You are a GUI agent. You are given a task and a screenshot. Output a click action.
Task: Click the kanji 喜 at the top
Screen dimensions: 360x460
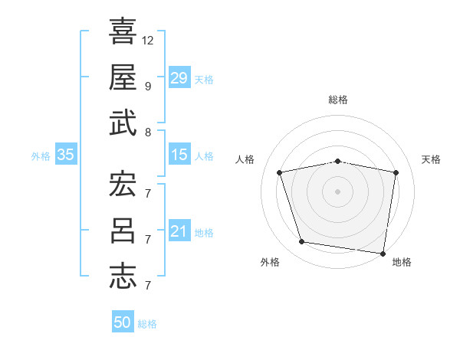pos(123,33)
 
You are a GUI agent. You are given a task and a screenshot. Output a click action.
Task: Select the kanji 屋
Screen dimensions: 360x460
pos(123,77)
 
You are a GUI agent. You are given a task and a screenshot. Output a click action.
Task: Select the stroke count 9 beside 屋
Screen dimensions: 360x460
pos(148,86)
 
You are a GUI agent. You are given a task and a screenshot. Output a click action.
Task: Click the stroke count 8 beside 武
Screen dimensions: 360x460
pos(148,132)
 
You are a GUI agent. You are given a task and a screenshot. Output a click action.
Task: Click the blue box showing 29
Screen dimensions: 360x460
pos(179,77)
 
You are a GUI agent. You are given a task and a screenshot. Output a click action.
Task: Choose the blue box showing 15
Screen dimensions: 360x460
pos(179,155)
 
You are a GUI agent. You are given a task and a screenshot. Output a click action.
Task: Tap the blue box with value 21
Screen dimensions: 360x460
pos(179,231)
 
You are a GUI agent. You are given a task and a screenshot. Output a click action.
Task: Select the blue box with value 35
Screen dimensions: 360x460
pos(65,155)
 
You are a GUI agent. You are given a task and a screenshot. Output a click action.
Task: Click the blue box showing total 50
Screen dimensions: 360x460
pos(123,322)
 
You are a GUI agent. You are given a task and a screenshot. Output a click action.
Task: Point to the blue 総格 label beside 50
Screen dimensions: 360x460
pos(147,324)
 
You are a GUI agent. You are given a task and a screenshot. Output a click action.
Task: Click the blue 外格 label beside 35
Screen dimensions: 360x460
pos(41,156)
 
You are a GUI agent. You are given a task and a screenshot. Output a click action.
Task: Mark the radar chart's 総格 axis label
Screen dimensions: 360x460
pos(338,100)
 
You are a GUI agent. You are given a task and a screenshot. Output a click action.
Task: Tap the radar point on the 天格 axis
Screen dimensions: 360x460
pos(396,173)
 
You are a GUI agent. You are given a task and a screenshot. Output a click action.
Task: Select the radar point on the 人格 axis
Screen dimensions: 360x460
pos(281,173)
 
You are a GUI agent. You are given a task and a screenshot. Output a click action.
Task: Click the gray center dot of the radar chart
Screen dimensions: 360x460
pos(338,191)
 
